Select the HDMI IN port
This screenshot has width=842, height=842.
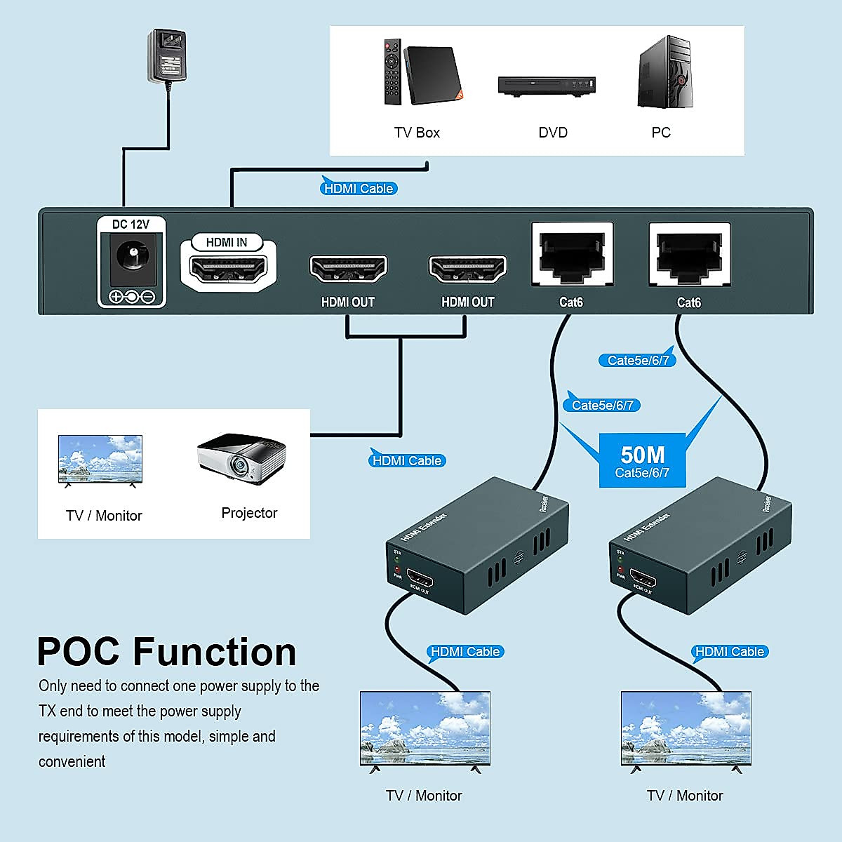(x=229, y=269)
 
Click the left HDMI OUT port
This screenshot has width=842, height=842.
(x=348, y=269)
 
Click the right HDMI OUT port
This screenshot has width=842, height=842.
(x=467, y=269)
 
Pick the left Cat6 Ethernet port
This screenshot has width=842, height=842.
(x=573, y=254)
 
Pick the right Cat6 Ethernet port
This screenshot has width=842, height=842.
(x=689, y=254)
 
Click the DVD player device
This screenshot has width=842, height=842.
(x=547, y=86)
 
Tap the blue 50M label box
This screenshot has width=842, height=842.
(x=641, y=462)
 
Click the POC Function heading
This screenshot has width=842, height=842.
(x=166, y=651)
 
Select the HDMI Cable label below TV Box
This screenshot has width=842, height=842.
(x=359, y=188)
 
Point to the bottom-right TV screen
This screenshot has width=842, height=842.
(x=686, y=727)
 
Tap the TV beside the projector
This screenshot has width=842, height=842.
(x=100, y=457)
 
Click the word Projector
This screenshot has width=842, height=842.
(x=249, y=513)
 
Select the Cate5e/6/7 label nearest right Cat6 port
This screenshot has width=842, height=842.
(x=637, y=360)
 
